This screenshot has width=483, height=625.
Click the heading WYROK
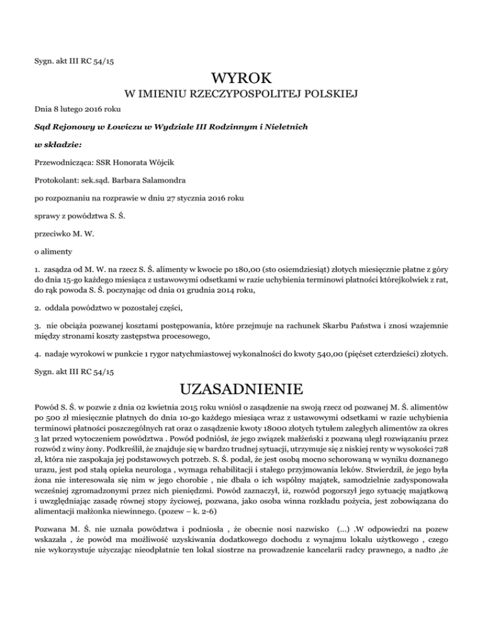[242, 80]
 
